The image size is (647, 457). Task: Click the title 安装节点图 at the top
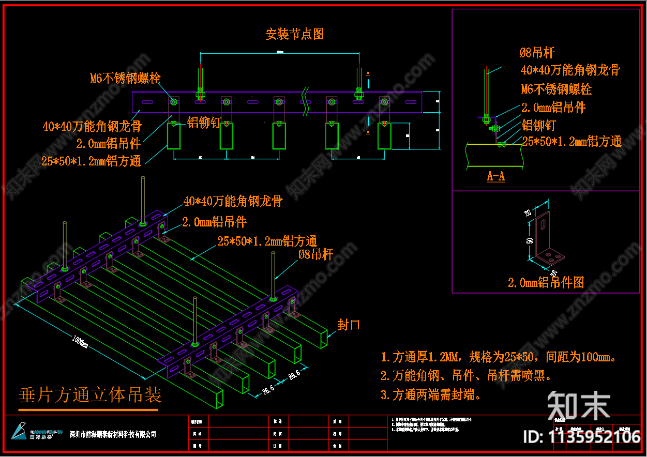(x=294, y=35)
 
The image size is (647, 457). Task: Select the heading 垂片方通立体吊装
(x=90, y=395)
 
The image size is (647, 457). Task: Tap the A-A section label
(x=495, y=177)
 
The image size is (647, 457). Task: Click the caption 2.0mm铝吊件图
(x=546, y=282)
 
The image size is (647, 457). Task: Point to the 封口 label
(x=349, y=325)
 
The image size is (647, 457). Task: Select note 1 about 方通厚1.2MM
(x=499, y=357)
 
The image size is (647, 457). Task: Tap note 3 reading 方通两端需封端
(x=431, y=395)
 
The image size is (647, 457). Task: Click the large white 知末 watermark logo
(x=579, y=405)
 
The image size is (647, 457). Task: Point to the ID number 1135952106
(x=582, y=437)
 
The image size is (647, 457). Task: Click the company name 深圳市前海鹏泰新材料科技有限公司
(x=113, y=434)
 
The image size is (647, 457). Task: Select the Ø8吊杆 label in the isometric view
(x=315, y=254)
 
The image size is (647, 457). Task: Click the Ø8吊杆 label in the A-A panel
(x=537, y=52)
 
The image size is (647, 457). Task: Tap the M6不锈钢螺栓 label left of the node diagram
(x=125, y=79)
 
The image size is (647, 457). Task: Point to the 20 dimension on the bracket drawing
(x=528, y=212)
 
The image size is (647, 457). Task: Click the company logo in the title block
(x=21, y=431)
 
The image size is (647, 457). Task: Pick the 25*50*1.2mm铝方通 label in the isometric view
(x=267, y=241)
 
